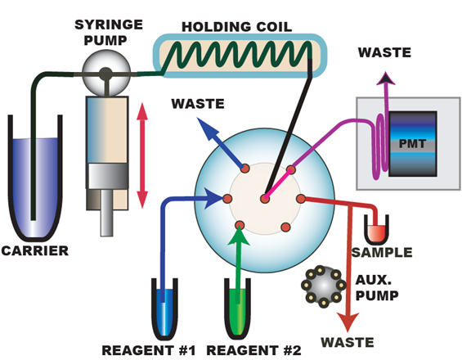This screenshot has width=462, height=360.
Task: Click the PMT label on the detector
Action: (x=412, y=144)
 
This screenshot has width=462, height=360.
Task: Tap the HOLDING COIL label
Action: (x=237, y=27)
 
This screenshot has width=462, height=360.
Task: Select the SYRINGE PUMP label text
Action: (x=109, y=33)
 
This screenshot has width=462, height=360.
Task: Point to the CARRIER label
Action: (x=35, y=251)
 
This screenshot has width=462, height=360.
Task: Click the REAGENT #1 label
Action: (x=149, y=350)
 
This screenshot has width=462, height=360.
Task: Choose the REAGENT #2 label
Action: (x=254, y=350)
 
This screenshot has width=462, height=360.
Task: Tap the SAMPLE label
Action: (x=382, y=252)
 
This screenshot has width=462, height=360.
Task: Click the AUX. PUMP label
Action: (x=377, y=288)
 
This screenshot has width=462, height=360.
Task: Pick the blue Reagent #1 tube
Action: (x=164, y=309)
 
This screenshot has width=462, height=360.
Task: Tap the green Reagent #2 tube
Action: (x=237, y=308)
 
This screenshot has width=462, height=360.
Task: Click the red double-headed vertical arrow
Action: (x=142, y=155)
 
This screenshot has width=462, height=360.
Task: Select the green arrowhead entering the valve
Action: (x=239, y=236)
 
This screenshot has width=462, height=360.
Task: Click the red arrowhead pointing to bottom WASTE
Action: (x=348, y=322)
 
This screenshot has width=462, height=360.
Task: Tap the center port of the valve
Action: (x=265, y=199)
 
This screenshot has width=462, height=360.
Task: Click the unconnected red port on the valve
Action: (x=285, y=227)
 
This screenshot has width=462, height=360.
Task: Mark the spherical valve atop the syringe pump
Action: (x=106, y=73)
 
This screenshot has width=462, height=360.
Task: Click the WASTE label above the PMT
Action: (x=384, y=52)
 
